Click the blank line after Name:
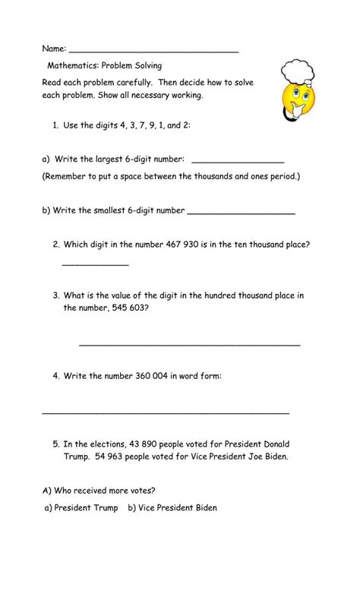[153, 51]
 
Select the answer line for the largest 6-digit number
[238, 163]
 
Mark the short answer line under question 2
[95, 265]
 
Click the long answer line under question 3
[189, 345]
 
